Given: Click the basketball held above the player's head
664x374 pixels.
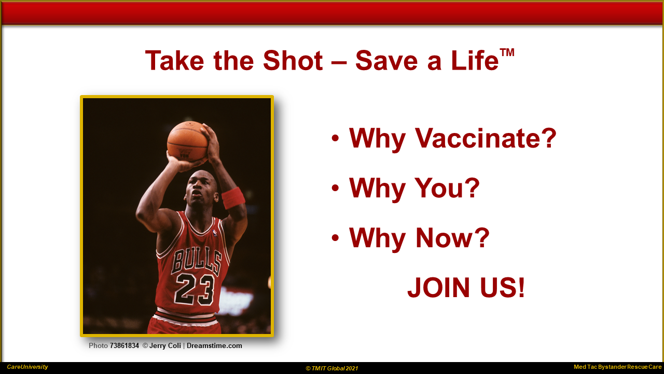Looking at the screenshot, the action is point(187,141).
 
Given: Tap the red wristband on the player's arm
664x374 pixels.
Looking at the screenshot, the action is point(233,198).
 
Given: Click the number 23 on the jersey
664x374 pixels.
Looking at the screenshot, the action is point(195,289).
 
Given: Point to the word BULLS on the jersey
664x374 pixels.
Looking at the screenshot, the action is point(197,261).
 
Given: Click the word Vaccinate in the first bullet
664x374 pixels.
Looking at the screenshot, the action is point(485,138).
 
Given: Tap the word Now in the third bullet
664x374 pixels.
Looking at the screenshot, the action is point(452,238).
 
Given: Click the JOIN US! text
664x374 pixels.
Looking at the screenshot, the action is point(466,287).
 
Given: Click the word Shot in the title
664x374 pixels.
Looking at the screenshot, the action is point(293,61).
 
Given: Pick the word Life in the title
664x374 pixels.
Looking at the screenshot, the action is point(475,61).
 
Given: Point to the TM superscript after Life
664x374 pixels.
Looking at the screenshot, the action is point(507,52).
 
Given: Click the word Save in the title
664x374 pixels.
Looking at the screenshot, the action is point(386,61).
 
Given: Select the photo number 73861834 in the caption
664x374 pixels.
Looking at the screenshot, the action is point(124,346).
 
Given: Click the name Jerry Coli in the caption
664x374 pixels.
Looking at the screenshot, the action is point(165,346).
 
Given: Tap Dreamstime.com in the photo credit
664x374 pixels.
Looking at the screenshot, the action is point(214,346).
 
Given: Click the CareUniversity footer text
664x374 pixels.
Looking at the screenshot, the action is point(27,367).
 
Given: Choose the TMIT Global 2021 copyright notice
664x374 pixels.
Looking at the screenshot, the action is point(332,368).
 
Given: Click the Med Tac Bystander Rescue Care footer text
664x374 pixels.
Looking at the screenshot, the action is point(618,367).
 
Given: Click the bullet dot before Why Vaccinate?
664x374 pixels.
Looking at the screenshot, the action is point(335,138).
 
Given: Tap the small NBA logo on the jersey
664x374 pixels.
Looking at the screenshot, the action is point(215,233).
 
